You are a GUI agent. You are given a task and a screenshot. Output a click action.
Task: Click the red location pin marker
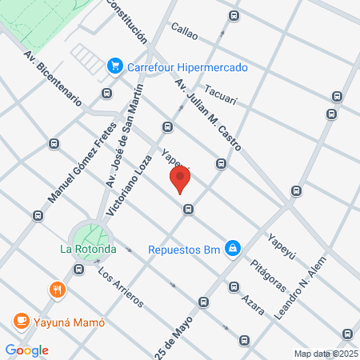180,179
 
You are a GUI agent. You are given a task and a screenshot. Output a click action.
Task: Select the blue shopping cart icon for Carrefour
115,66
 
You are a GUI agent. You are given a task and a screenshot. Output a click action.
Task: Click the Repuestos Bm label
184,249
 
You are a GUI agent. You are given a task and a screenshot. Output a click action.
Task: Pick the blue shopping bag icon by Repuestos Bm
231,249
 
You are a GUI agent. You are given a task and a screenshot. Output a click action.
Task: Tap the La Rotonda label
89,249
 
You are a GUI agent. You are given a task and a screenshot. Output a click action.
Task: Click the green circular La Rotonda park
92,234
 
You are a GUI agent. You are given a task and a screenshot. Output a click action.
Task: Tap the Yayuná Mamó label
69,322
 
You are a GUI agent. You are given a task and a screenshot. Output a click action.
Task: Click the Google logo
27,350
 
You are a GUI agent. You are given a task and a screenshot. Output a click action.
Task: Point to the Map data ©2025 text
326,353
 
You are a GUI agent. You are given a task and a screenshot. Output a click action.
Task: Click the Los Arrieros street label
120,286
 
